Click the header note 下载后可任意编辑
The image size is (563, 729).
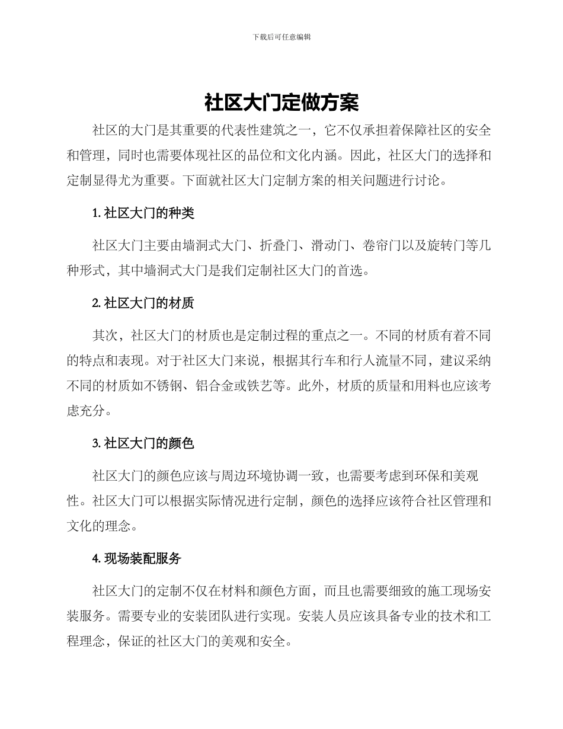[281, 37]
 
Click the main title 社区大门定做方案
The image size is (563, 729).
[281, 103]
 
